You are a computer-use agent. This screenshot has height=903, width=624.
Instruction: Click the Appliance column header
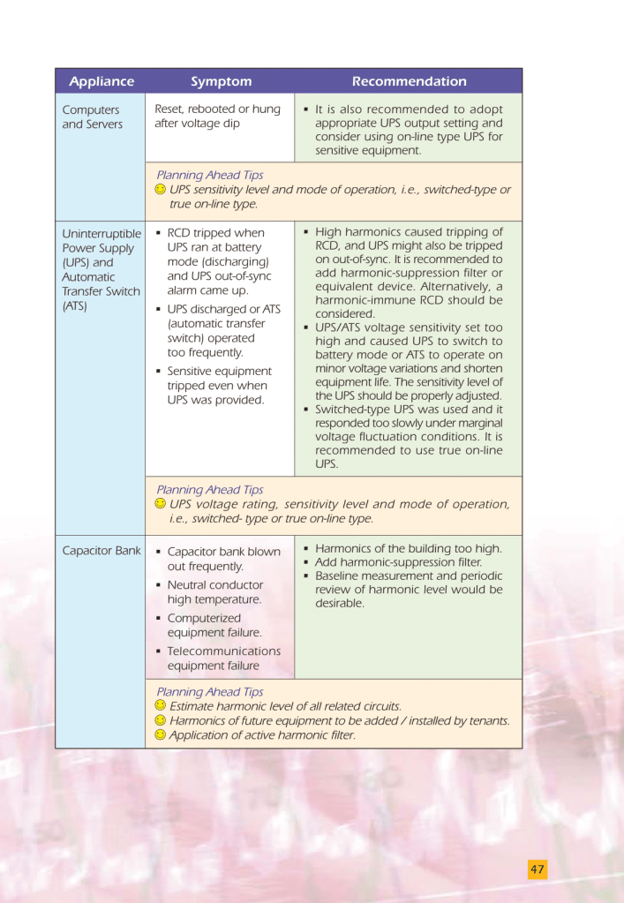click(101, 81)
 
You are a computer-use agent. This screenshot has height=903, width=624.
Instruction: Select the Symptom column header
click(221, 81)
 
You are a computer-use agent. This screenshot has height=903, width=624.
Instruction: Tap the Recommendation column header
click(409, 81)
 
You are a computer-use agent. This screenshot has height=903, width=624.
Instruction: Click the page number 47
click(538, 869)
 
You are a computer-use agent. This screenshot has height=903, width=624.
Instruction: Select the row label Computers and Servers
click(92, 117)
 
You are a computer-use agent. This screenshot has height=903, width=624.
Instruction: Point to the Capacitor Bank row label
click(101, 551)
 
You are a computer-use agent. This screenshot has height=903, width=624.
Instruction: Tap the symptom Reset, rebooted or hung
click(217, 117)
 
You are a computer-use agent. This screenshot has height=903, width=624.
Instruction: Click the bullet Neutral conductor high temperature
click(214, 591)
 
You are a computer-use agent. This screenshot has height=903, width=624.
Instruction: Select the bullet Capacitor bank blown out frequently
click(223, 559)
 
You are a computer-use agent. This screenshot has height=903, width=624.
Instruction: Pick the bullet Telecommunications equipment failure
click(223, 658)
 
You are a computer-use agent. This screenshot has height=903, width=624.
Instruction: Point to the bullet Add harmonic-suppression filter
click(398, 562)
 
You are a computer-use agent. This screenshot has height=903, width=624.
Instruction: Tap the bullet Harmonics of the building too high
click(408, 548)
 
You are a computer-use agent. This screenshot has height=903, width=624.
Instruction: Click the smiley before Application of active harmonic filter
click(160, 734)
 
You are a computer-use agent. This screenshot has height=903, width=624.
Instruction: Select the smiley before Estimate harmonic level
click(160, 706)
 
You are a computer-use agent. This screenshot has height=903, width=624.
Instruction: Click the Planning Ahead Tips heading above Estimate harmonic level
click(209, 691)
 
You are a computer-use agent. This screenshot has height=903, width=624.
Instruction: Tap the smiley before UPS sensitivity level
click(160, 189)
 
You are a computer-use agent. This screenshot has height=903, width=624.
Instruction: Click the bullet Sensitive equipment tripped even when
click(219, 386)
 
